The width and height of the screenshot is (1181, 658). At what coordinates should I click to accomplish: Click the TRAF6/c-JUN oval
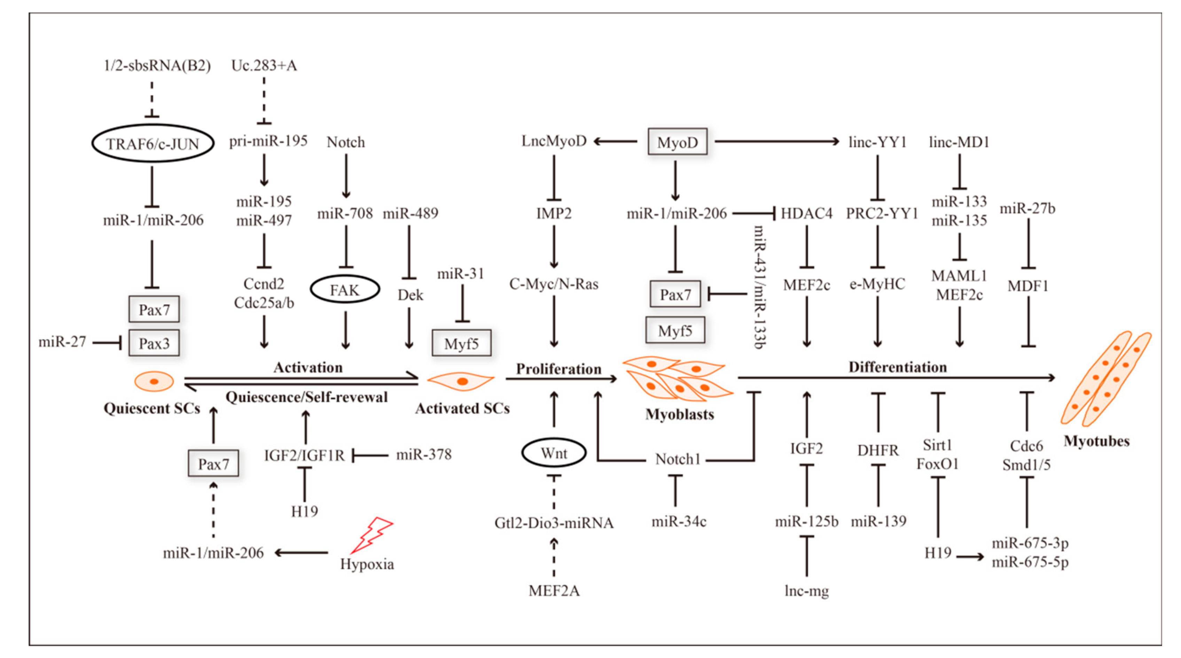152,144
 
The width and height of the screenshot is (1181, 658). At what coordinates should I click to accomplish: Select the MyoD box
677,142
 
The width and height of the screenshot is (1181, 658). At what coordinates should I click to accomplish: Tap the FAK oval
345,290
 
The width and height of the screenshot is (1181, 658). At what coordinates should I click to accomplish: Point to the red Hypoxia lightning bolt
371,535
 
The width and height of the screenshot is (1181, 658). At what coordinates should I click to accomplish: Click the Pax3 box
154,343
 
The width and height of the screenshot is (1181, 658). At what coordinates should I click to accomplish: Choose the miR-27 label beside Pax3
62,342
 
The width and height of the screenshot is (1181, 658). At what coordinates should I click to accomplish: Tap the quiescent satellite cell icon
154,381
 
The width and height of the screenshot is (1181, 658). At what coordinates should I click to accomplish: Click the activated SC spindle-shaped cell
461,381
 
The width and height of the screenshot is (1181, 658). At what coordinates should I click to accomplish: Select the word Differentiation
897,367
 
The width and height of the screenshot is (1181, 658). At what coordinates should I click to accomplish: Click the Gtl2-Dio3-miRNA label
554,523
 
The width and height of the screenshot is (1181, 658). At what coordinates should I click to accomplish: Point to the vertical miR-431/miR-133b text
759,287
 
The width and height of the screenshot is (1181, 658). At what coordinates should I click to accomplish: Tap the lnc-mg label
806,590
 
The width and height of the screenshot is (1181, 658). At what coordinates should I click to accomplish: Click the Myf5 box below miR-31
461,343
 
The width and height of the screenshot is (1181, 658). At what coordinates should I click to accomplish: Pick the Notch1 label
678,459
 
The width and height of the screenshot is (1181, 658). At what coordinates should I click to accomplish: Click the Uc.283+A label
264,66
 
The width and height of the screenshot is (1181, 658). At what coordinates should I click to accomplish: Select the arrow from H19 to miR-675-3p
970,557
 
